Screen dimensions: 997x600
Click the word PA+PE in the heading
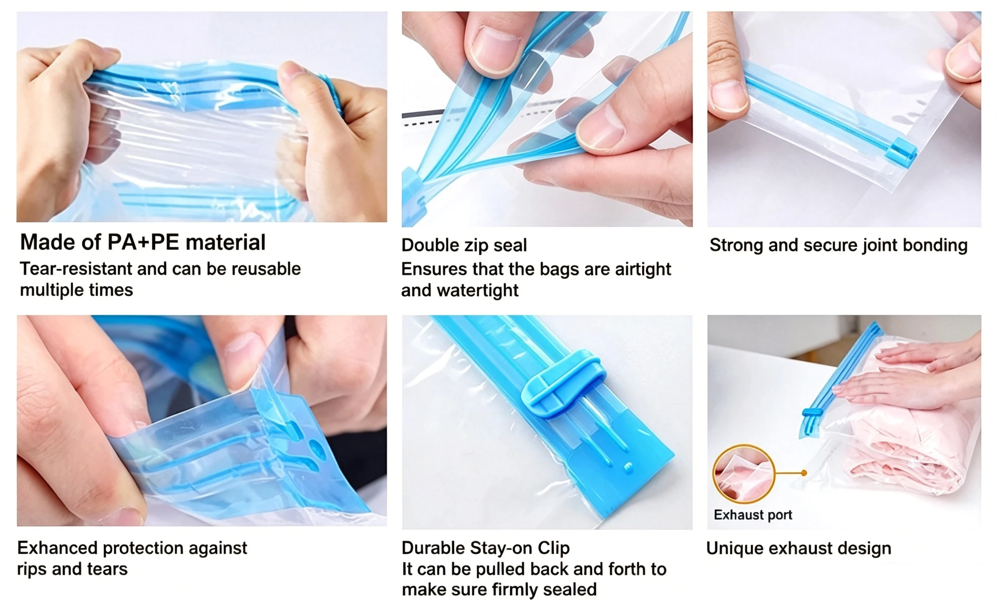(143, 242)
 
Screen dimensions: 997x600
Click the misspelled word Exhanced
(57, 548)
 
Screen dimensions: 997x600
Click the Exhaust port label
(753, 515)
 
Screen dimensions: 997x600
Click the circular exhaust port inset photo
(744, 474)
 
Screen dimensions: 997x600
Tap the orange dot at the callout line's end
(804, 472)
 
